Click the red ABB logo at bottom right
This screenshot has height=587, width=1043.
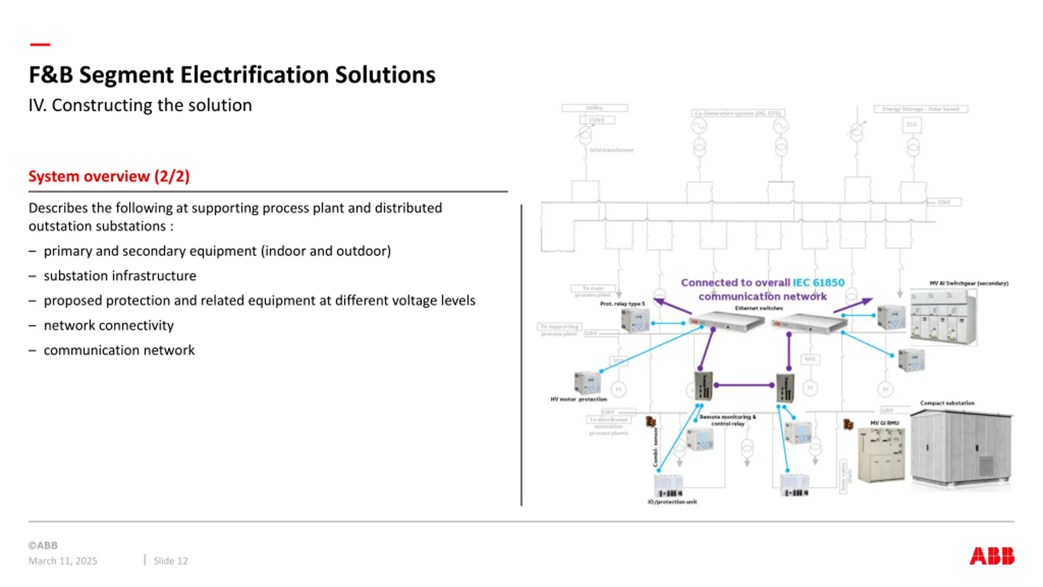click(x=991, y=556)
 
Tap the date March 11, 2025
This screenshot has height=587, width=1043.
click(x=63, y=561)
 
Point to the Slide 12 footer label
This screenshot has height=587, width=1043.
click(x=170, y=561)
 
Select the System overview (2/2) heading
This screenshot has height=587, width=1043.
click(x=109, y=177)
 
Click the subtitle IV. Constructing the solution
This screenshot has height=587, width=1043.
click(x=140, y=105)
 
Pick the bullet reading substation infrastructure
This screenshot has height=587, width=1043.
click(x=120, y=276)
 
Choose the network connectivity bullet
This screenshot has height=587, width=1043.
click(x=108, y=325)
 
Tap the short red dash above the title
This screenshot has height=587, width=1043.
click(x=40, y=44)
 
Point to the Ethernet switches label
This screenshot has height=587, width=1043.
click(x=759, y=308)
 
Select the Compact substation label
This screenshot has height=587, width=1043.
click(x=947, y=403)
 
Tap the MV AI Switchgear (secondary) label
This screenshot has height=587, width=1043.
click(x=968, y=283)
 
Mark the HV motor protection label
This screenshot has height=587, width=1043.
click(x=579, y=399)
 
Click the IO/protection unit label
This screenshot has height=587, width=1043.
click(x=672, y=502)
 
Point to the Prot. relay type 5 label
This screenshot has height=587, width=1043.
click(x=622, y=304)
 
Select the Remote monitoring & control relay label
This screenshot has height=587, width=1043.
click(x=728, y=420)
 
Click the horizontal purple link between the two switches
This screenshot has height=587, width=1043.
click(x=744, y=385)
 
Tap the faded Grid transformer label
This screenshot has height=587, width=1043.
click(x=612, y=150)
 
